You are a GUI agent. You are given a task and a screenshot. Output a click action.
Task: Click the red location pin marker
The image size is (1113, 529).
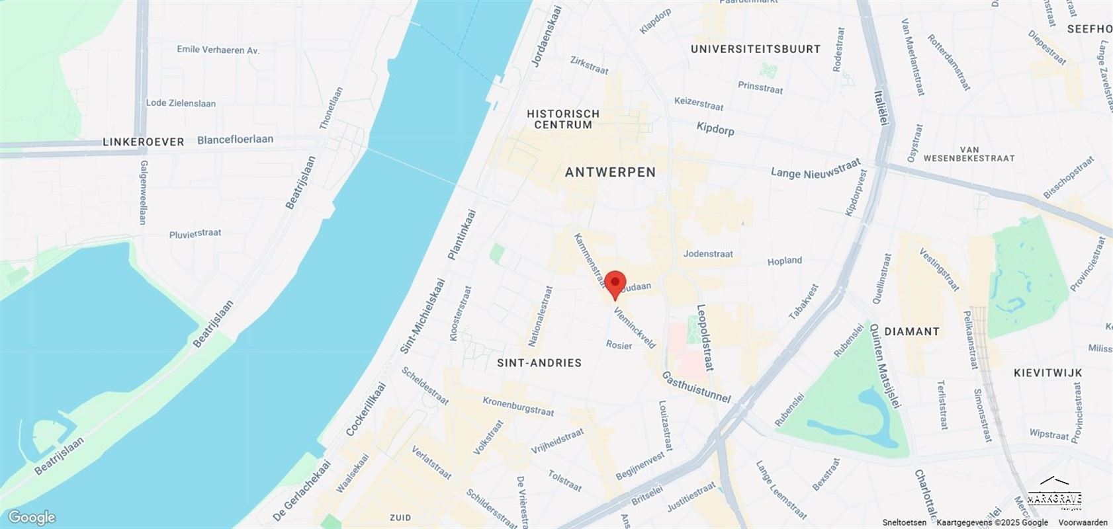point(615,284)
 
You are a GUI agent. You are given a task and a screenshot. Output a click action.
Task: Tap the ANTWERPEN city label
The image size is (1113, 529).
point(610,173)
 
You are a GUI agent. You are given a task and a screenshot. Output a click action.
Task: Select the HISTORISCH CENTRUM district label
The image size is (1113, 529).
point(563,119)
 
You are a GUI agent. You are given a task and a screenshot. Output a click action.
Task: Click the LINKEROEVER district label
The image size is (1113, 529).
point(144,142)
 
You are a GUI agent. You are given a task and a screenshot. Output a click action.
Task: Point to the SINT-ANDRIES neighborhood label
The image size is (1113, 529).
point(539,363)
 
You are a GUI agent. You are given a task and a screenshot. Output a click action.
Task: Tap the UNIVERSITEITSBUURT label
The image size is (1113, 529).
point(755,49)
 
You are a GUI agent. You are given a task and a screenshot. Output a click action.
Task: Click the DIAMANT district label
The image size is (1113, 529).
point(912,331)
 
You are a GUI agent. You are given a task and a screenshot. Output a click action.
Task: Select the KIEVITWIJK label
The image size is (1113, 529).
point(1047,373)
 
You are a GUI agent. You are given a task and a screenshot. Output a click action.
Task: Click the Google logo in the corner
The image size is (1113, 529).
point(32,517)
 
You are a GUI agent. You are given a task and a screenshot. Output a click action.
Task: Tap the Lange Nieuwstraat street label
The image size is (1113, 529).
point(815,169)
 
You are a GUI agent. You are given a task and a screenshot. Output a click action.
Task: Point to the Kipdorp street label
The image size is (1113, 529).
point(715,128)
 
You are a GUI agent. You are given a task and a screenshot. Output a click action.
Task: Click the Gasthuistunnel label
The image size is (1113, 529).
point(696,387)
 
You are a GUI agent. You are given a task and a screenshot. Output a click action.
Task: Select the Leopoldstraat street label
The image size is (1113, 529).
point(705,337)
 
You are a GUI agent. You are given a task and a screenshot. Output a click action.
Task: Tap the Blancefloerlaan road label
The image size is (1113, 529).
point(235,140)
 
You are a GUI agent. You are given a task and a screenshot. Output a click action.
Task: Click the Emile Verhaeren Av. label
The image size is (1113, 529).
point(218,50)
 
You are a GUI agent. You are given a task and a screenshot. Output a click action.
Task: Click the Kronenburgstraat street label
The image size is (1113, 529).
point(518,406)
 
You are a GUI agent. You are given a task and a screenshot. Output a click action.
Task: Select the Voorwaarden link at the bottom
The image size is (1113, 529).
point(1083,522)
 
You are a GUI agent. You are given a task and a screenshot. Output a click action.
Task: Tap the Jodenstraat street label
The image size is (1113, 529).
point(708,254)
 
